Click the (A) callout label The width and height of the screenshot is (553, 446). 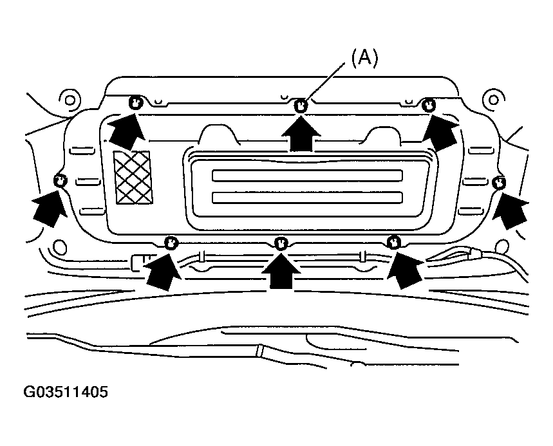tap(364, 58)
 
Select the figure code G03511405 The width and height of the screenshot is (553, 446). tap(66, 392)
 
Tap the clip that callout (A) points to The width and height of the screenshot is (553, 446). tap(301, 106)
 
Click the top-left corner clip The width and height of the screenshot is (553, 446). tap(135, 102)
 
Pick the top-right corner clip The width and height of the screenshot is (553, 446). tap(429, 105)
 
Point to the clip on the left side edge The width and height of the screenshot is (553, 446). tap(61, 181)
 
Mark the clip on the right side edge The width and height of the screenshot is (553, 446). tap(499, 183)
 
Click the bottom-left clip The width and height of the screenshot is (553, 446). tap(171, 243)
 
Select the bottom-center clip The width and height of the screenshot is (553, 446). tap(281, 243)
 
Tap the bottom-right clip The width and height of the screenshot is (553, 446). tap(393, 243)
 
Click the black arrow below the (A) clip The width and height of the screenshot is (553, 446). tap(301, 134)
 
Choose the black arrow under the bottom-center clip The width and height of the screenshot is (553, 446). tap(281, 271)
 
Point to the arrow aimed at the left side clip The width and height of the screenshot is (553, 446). tap(50, 209)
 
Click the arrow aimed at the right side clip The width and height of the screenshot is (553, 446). tap(510, 210)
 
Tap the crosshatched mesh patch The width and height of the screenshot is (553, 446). tap(133, 178)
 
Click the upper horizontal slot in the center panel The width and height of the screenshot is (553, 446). tap(307, 176)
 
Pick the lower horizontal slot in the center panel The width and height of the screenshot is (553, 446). tap(307, 198)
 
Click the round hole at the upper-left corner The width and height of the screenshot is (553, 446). tap(70, 100)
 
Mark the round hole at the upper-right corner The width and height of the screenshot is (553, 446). tap(493, 100)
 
